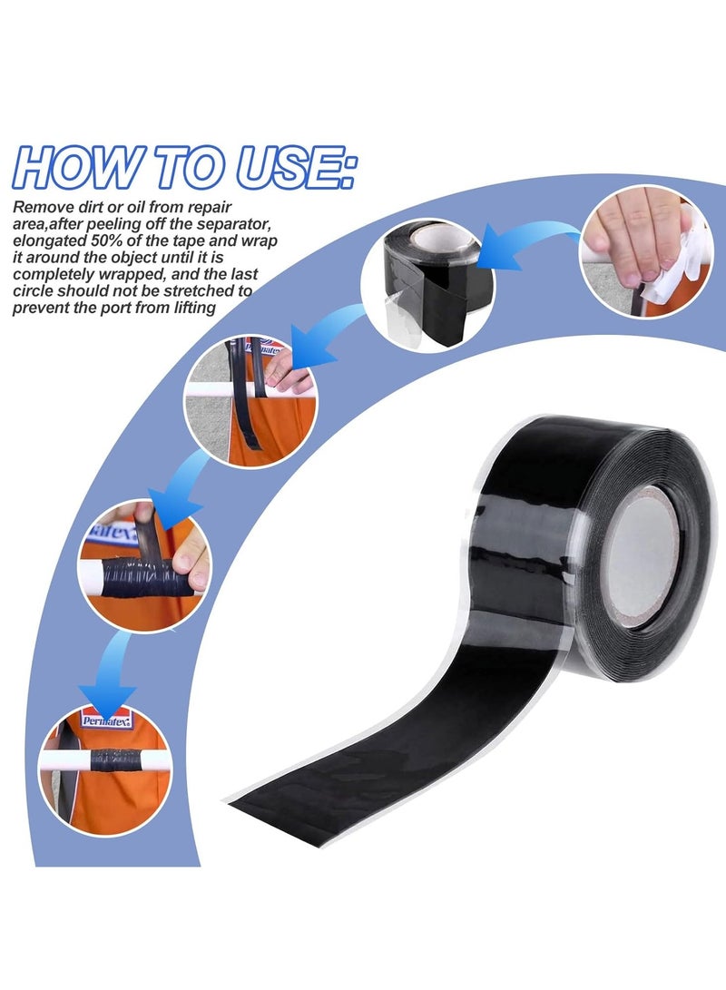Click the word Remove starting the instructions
40,207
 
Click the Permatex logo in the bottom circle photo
106,720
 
